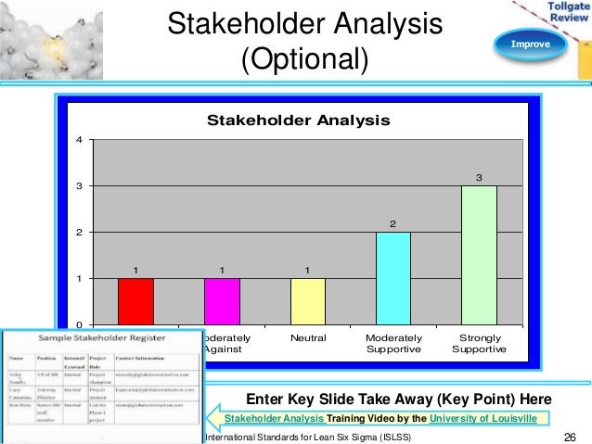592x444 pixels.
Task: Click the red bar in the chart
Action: (135, 301)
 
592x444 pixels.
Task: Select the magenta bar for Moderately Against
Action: (222, 301)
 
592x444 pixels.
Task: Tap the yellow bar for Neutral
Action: (308, 301)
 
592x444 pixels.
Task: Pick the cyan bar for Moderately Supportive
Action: (393, 278)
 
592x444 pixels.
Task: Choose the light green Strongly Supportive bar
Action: (480, 255)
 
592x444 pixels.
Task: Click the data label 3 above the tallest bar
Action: (480, 177)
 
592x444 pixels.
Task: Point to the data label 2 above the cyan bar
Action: (393, 223)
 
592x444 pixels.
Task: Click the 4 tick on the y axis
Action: (79, 140)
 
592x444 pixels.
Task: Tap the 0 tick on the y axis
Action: (79, 324)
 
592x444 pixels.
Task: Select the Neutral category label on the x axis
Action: (308, 338)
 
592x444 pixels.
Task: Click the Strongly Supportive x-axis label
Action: (480, 344)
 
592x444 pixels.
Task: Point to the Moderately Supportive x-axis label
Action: (393, 344)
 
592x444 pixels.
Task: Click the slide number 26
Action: (570, 437)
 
